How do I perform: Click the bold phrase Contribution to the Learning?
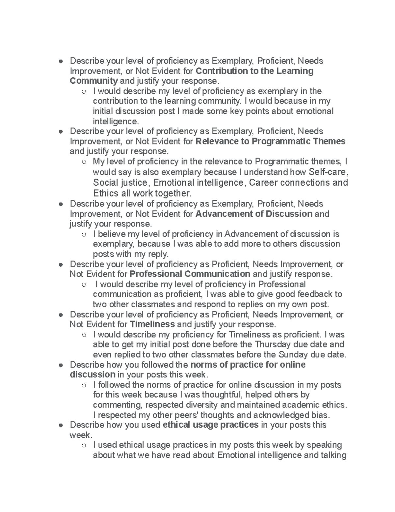[x=254, y=71]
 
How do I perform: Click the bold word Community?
[x=94, y=81]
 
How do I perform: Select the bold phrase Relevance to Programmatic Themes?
[x=270, y=141]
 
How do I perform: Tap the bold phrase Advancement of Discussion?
[x=254, y=214]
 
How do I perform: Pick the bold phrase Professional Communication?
[x=190, y=274]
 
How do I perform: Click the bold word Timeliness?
[x=152, y=324]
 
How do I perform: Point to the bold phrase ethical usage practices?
[x=210, y=425]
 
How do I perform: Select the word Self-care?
[x=328, y=172]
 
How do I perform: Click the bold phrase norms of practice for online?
[x=248, y=365]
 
